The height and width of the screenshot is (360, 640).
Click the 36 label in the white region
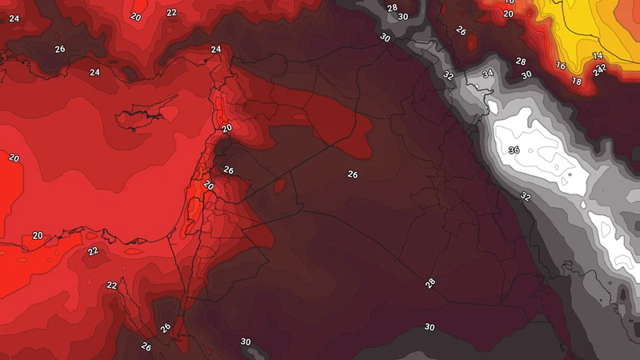point(514,150)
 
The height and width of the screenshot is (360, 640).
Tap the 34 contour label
point(488,74)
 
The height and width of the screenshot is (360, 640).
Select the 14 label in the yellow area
point(598,56)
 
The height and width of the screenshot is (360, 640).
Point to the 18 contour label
point(577,81)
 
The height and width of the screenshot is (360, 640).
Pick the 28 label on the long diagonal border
point(430,283)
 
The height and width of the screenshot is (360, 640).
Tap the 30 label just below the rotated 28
point(430,327)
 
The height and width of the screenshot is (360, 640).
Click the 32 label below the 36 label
point(525,196)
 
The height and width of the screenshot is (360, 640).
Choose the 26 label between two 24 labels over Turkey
point(59,49)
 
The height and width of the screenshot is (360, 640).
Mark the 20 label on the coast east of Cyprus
point(226,128)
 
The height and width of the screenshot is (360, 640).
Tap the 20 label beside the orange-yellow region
point(508,14)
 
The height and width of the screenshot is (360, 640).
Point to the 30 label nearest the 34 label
point(526,75)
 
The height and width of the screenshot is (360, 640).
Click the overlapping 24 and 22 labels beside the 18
point(599,70)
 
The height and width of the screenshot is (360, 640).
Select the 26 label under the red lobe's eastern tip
point(353,174)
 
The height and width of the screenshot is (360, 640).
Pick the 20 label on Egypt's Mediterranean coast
point(38,236)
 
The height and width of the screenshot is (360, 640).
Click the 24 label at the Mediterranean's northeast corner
point(216,50)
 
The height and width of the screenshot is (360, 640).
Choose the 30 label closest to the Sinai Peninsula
point(246,342)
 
